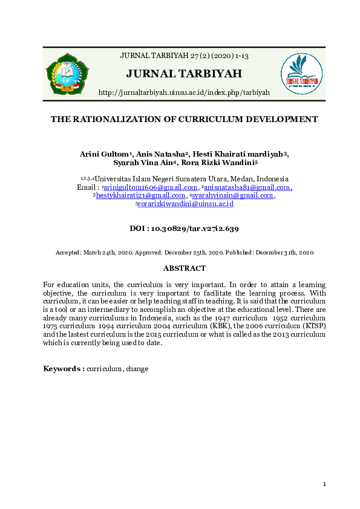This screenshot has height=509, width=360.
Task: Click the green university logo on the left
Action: click(67, 74)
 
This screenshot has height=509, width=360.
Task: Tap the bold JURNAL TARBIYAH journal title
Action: click(184, 74)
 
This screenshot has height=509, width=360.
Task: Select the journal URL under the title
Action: click(184, 92)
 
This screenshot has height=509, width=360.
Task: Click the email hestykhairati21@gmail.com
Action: click(140, 195)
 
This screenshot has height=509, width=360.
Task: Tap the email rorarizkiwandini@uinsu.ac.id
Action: click(186, 204)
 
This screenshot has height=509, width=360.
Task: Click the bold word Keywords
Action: click(63, 368)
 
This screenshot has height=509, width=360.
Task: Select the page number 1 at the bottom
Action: click(324, 484)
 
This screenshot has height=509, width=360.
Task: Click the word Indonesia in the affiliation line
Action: click(272, 179)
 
